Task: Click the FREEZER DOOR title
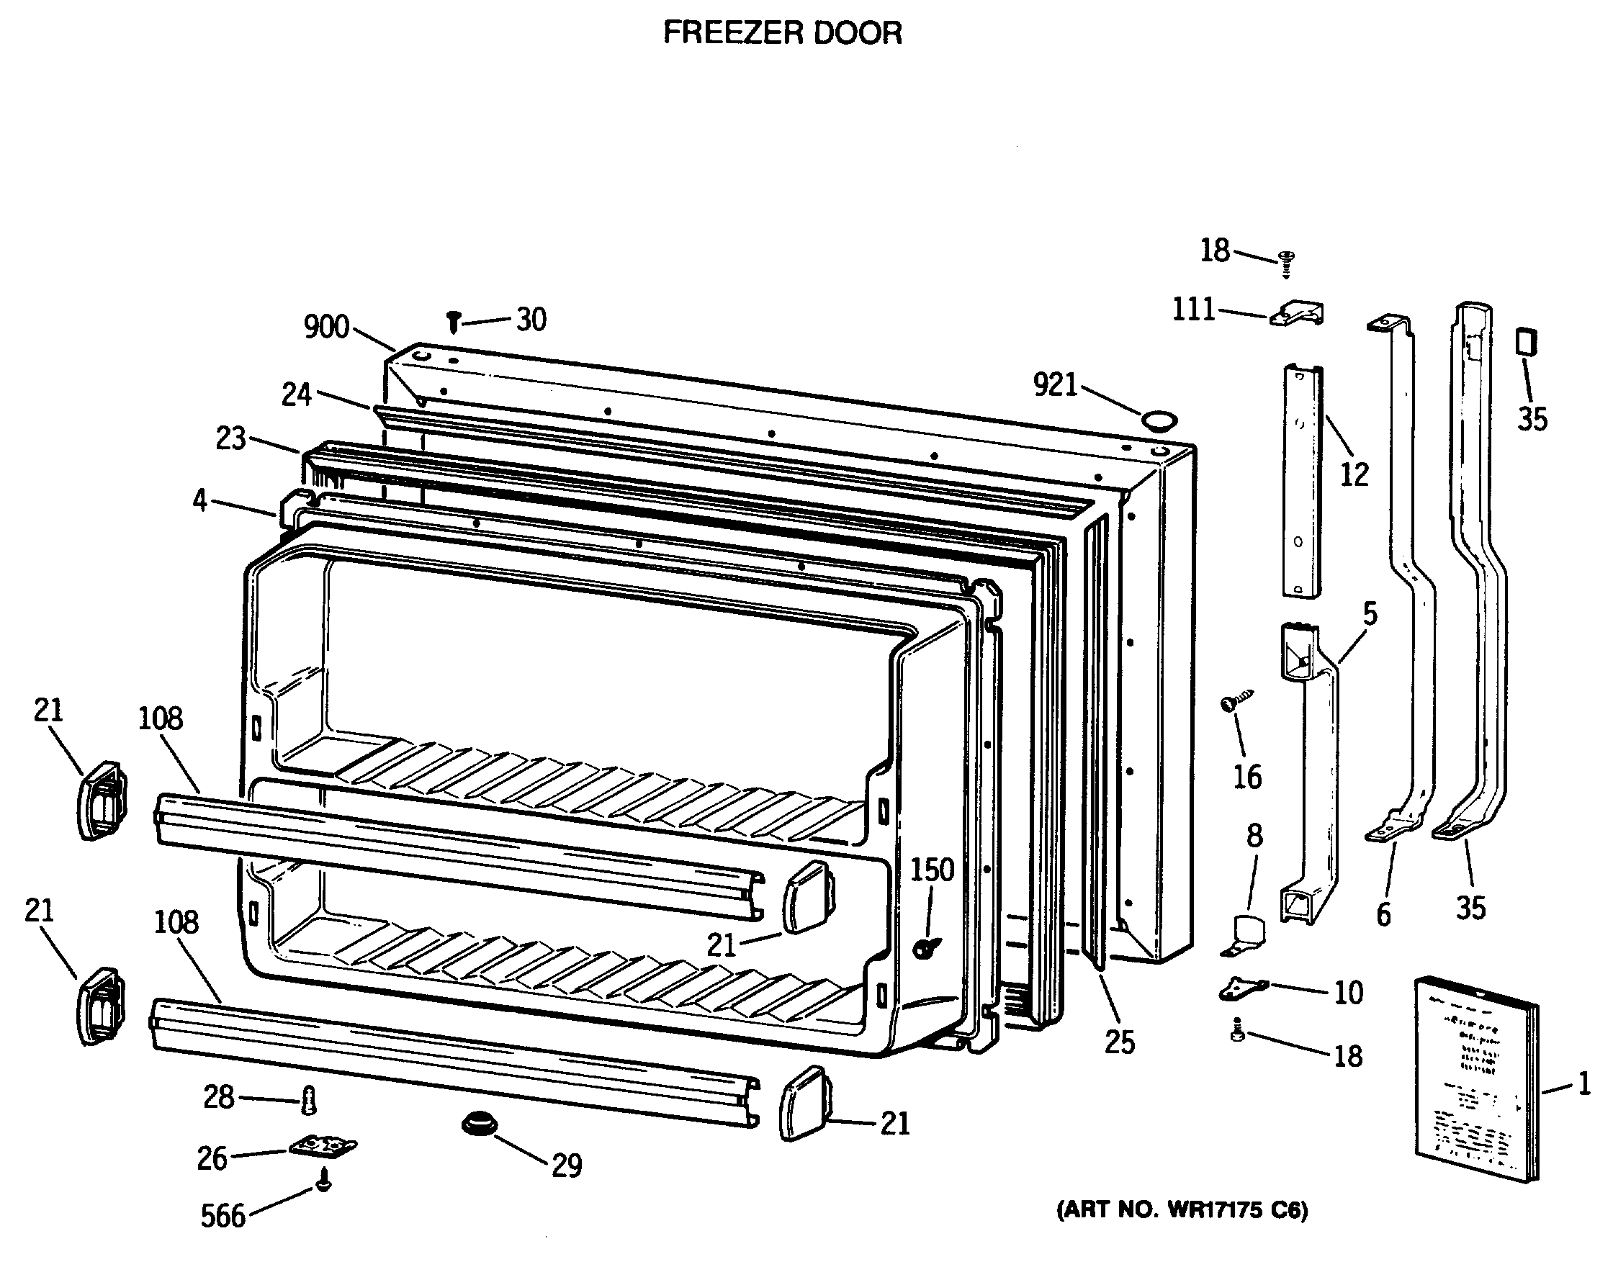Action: click(x=782, y=33)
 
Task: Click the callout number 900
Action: click(x=326, y=326)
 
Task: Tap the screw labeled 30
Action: click(x=454, y=322)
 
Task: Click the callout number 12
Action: click(x=1353, y=474)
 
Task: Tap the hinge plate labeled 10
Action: click(x=1242, y=988)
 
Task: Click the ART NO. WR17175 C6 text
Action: click(x=1182, y=1211)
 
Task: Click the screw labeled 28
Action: click(x=310, y=1099)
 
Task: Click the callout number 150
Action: click(x=932, y=870)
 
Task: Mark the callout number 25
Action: click(x=1120, y=1042)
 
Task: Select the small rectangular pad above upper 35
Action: click(x=1526, y=342)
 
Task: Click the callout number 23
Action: click(x=230, y=438)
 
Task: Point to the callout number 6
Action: click(x=1383, y=915)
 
